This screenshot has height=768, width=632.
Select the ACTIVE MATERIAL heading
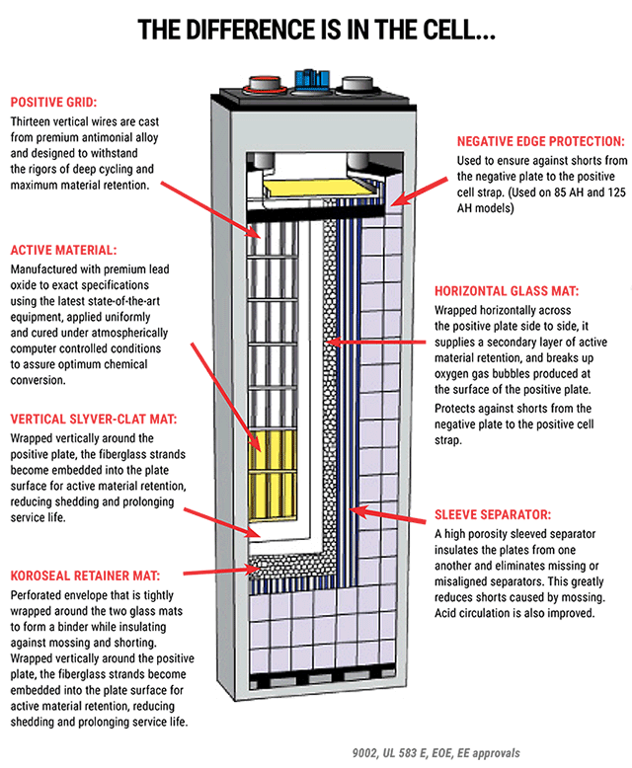point(63,250)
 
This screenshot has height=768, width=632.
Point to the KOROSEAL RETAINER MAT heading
point(84,575)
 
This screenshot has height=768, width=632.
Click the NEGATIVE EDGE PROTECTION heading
point(540,141)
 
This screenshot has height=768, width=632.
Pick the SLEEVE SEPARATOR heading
point(493,514)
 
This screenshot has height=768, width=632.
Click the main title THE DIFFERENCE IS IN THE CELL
point(316,31)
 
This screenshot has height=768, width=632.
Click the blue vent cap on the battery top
point(312,77)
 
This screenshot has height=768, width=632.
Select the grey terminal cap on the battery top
point(355,83)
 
